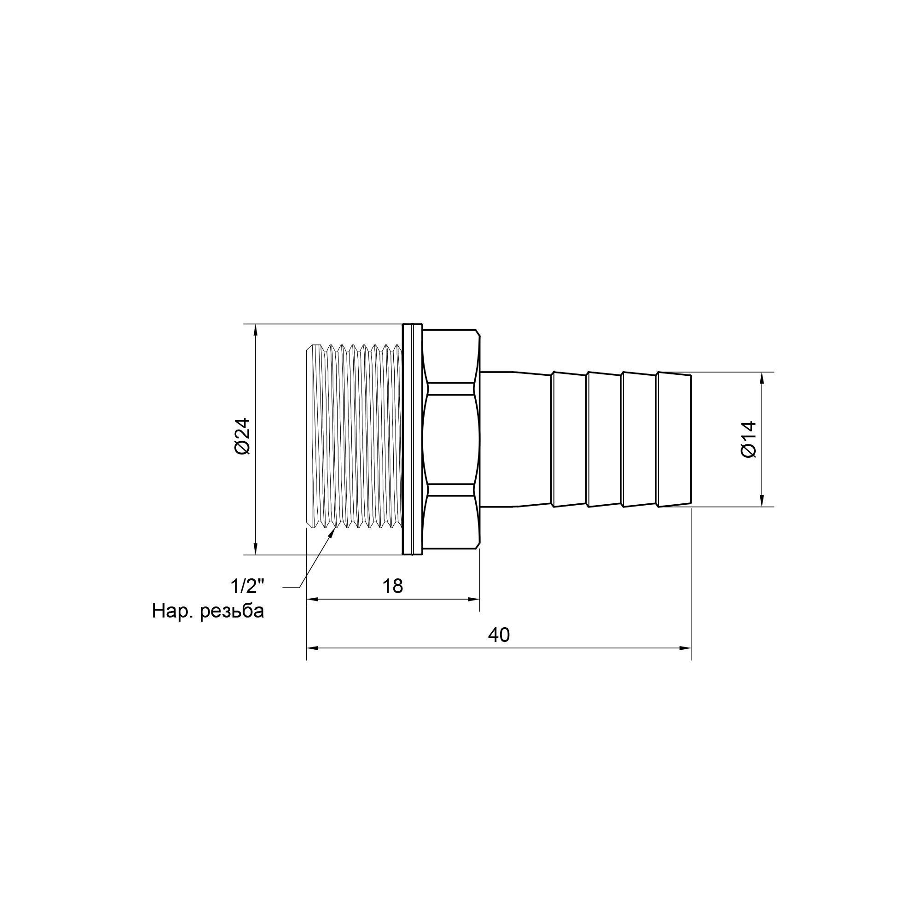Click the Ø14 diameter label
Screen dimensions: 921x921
click(x=748, y=439)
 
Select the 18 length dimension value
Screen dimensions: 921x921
click(x=392, y=586)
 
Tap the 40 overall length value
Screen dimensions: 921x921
click(x=499, y=635)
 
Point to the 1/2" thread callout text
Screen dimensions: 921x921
click(x=247, y=586)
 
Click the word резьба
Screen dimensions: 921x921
click(x=232, y=611)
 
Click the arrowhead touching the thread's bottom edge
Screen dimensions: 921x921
click(x=331, y=533)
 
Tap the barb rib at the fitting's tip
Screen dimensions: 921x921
click(x=674, y=439)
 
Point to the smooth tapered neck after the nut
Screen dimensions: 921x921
click(x=515, y=439)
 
